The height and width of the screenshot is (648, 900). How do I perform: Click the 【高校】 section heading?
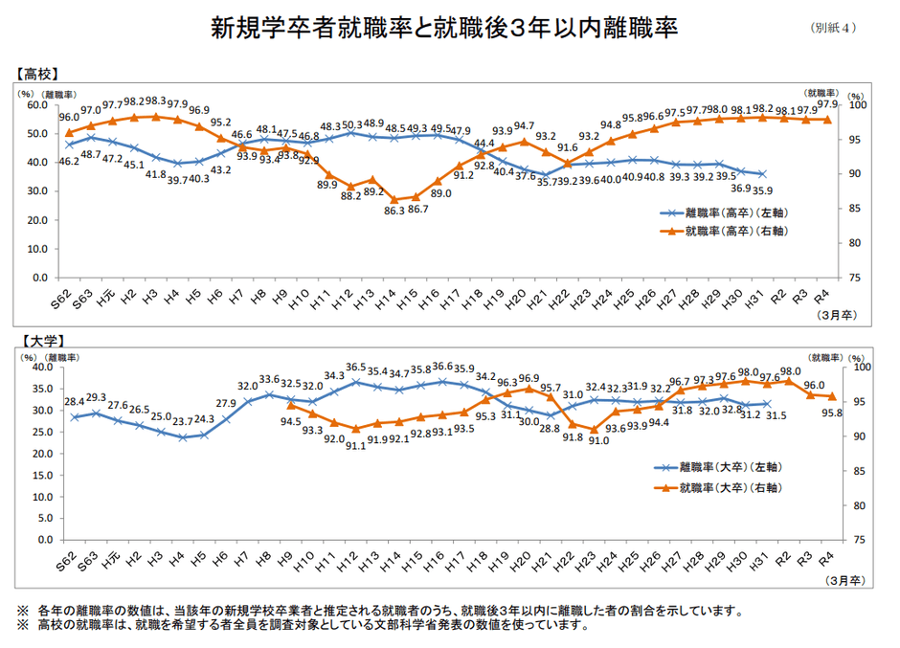pyautogui.click(x=37, y=74)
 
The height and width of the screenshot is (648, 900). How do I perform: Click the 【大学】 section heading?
pyautogui.click(x=37, y=340)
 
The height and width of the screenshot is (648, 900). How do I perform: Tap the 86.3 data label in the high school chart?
pyautogui.click(x=394, y=210)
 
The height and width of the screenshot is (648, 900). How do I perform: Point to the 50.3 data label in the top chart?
pyautogui.click(x=352, y=125)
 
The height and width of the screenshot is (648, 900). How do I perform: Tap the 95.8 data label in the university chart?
pyautogui.click(x=832, y=413)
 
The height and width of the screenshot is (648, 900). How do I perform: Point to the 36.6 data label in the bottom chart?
pyautogui.click(x=441, y=367)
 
